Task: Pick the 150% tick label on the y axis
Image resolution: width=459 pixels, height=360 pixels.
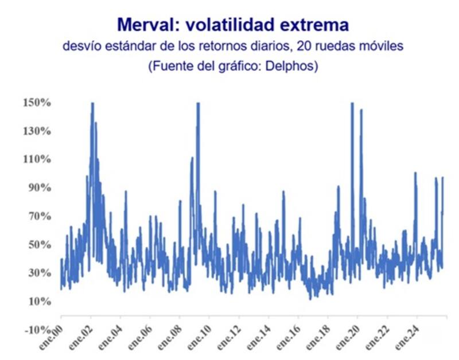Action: pyautogui.click(x=39, y=103)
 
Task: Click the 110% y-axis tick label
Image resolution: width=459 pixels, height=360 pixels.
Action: pyautogui.click(x=39, y=159)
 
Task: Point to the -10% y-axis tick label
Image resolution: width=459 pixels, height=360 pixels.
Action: pyautogui.click(x=38, y=330)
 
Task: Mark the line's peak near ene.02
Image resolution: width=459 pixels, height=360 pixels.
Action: pyautogui.click(x=92, y=104)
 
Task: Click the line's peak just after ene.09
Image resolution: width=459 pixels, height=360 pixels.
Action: pyautogui.click(x=198, y=104)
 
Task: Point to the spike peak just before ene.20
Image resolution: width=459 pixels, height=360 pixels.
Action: pyautogui.click(x=352, y=104)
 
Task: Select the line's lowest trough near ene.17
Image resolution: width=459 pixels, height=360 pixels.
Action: pyautogui.click(x=310, y=299)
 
